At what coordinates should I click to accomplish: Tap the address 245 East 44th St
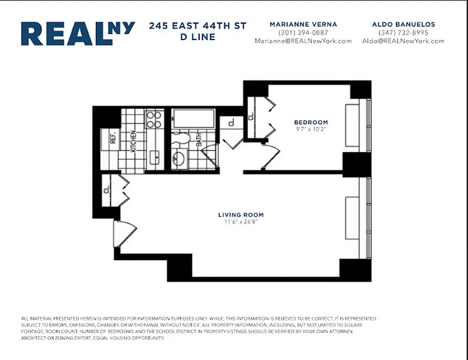pyautogui.click(x=198, y=26)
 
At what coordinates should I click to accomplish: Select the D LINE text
pyautogui.click(x=198, y=37)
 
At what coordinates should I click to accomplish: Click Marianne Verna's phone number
pyautogui.click(x=303, y=33)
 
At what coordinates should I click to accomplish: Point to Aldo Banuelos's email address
pyautogui.click(x=403, y=41)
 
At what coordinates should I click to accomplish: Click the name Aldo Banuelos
pyautogui.click(x=403, y=24)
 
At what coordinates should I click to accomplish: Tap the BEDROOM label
pyautogui.click(x=311, y=122)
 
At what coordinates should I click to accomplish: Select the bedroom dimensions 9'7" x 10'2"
pyautogui.click(x=311, y=129)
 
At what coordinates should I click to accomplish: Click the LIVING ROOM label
pyautogui.click(x=241, y=215)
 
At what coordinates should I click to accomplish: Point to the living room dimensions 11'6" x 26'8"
pyautogui.click(x=241, y=222)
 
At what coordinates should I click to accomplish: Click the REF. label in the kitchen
pyautogui.click(x=113, y=137)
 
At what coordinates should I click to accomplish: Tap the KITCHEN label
pyautogui.click(x=134, y=140)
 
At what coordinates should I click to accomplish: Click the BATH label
pyautogui.click(x=198, y=140)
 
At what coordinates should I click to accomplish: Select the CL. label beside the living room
pyautogui.click(x=107, y=189)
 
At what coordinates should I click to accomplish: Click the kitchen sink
pyautogui.click(x=155, y=157)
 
